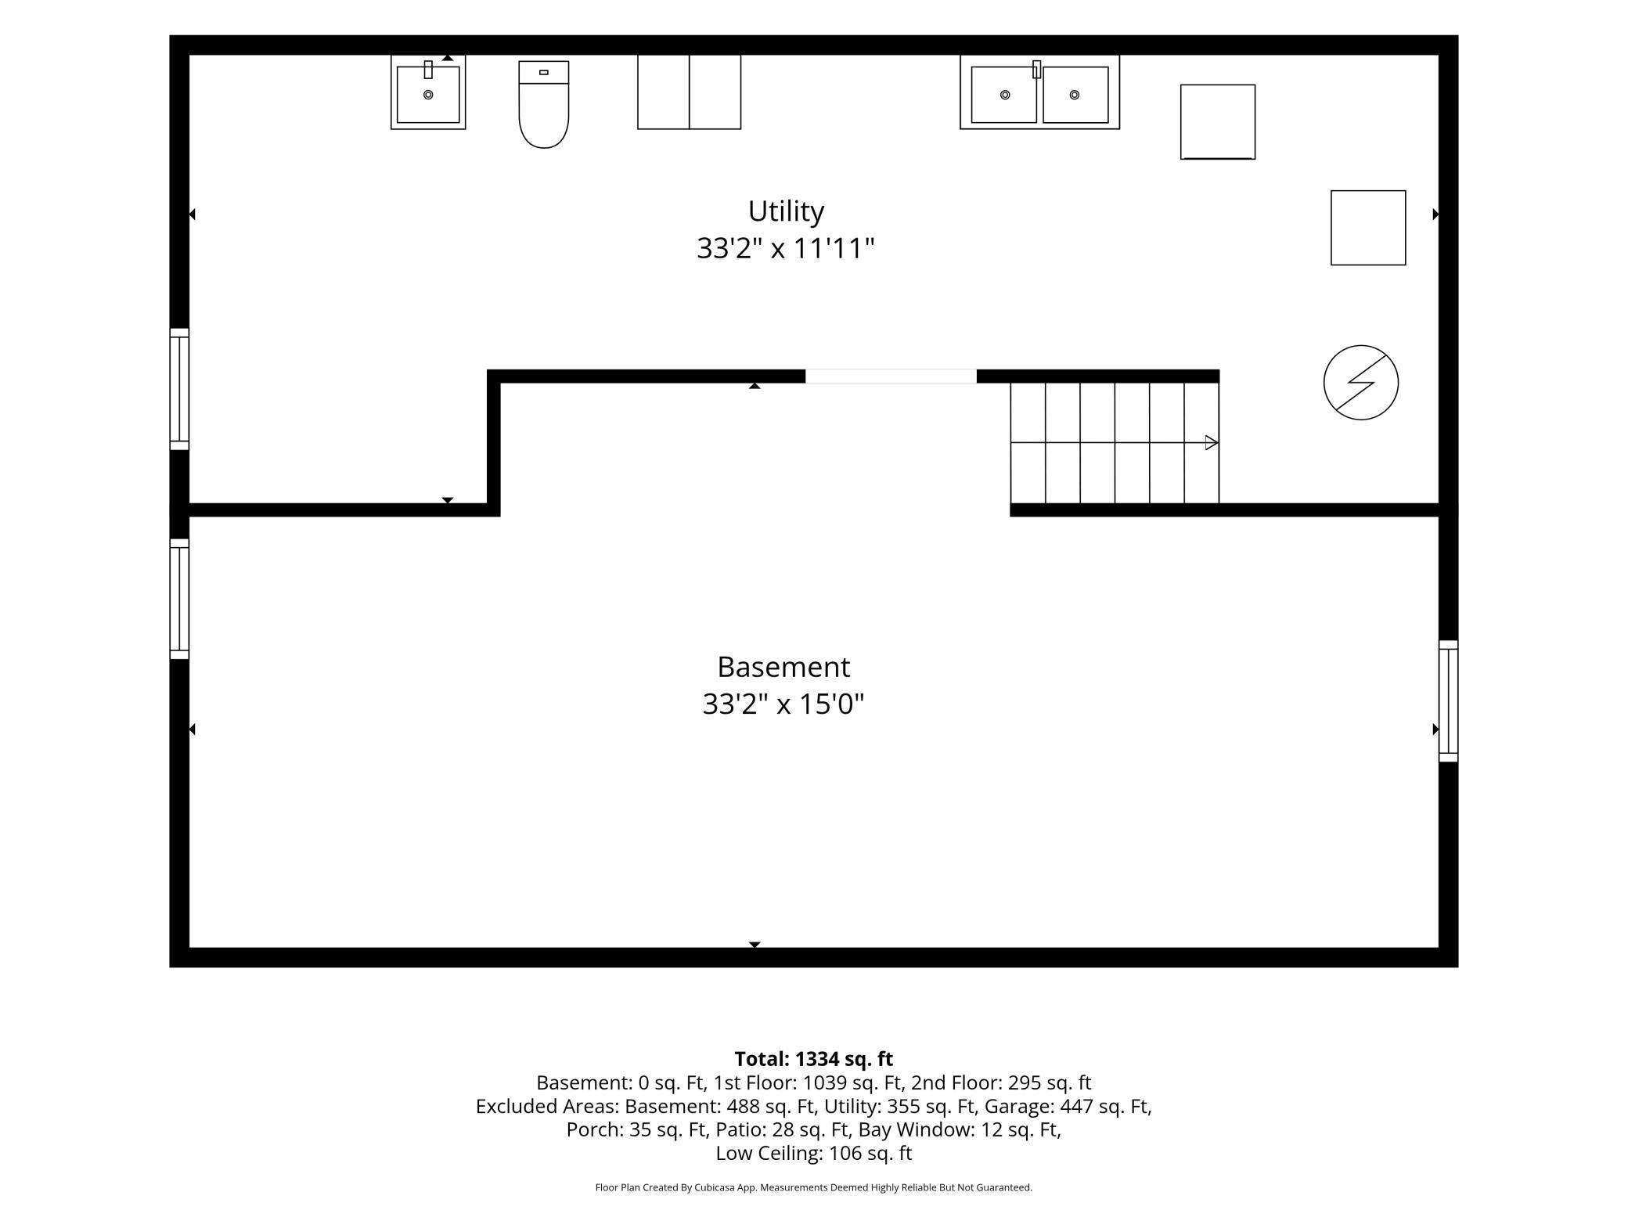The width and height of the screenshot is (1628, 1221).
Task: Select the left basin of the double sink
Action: [1003, 95]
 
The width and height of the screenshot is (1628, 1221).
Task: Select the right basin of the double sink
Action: [1075, 95]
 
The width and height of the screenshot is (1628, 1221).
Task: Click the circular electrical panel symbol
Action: [1360, 383]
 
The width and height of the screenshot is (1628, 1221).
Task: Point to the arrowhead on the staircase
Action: [1212, 443]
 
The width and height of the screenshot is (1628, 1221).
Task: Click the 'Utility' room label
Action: [786, 211]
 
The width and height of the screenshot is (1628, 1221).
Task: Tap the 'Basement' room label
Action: [783, 667]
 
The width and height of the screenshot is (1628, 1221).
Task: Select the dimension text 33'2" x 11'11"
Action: [786, 249]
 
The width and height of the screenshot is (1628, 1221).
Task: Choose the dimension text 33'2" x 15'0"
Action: [783, 704]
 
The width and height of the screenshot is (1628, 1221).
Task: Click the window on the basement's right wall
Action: [1448, 701]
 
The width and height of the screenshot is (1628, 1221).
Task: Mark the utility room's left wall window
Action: [179, 389]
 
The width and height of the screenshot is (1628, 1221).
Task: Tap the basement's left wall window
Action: [179, 599]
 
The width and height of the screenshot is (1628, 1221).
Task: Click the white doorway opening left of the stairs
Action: [891, 376]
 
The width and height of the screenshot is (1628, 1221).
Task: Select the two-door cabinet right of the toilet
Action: [689, 92]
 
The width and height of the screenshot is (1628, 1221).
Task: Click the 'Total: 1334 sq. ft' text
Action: [814, 1059]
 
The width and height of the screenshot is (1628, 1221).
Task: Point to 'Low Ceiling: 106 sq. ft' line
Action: [814, 1153]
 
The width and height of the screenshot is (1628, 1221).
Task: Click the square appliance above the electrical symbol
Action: [1368, 228]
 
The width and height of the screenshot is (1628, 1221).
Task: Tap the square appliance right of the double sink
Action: [1218, 122]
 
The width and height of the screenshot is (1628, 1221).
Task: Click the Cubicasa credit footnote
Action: [814, 1187]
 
